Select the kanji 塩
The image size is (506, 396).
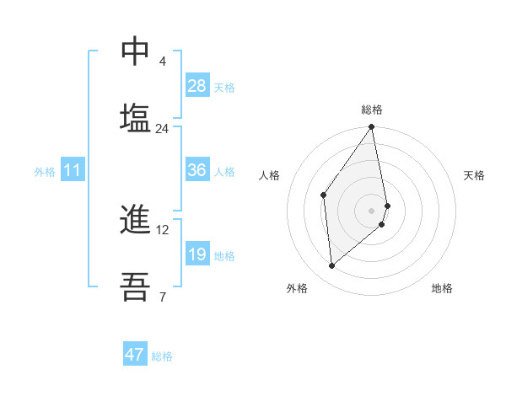(135, 117)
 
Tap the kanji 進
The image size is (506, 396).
(135, 220)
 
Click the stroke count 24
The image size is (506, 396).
(162, 129)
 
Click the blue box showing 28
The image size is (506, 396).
(197, 86)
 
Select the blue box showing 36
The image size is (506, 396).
(197, 170)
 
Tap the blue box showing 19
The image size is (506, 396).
(197, 254)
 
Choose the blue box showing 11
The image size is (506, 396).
(73, 170)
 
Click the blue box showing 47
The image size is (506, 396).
(135, 355)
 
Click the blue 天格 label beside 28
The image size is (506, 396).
(224, 87)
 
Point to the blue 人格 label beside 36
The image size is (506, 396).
(224, 172)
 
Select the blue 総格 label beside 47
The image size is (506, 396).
(162, 356)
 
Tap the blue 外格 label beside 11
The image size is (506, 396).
(45, 172)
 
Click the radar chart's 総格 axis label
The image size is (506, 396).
(372, 110)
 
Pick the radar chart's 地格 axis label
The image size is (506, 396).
(442, 288)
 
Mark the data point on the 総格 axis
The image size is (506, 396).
(372, 128)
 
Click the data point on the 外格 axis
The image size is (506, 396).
(332, 265)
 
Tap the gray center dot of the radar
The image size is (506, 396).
(372, 211)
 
